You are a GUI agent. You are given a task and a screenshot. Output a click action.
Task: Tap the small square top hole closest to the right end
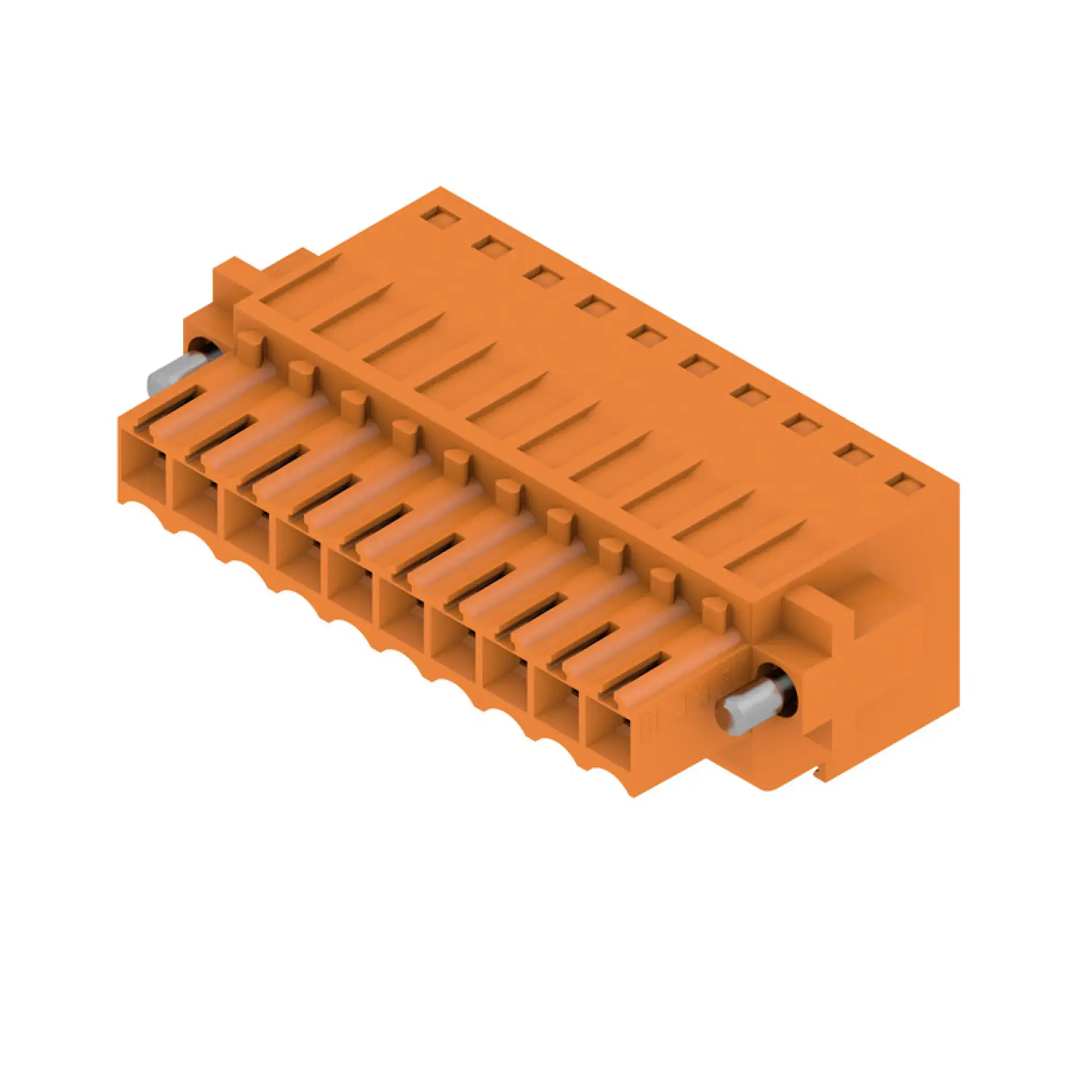click(x=905, y=484)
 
